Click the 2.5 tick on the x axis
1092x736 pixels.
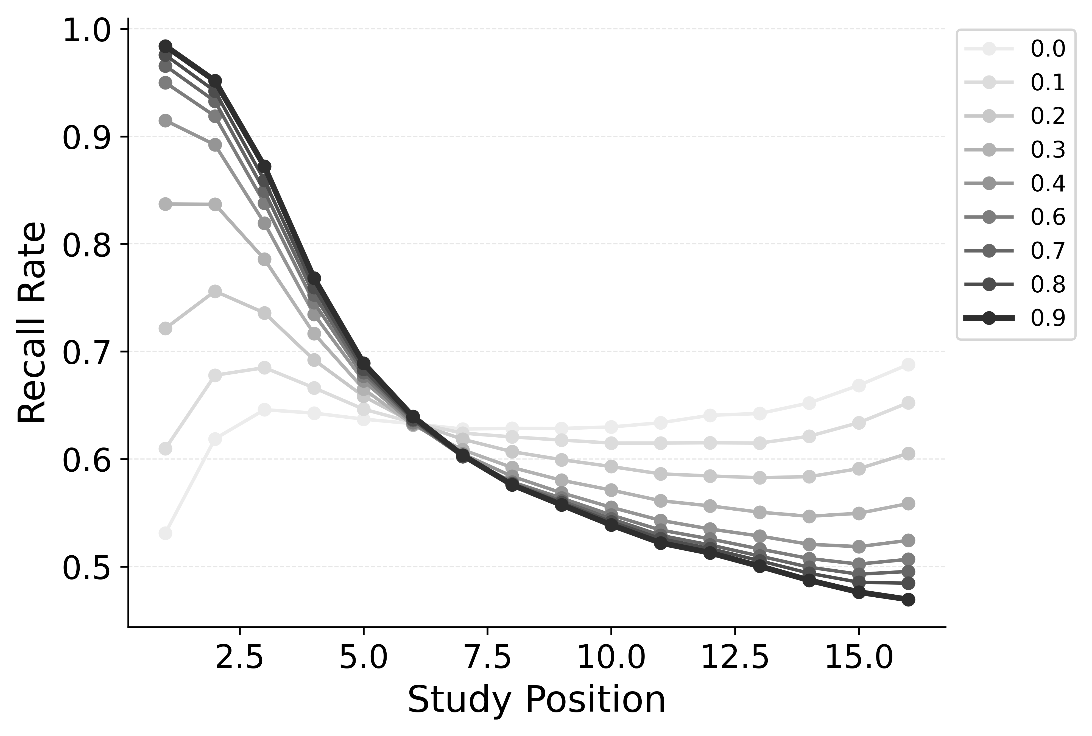point(239,659)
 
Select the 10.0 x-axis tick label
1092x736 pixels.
point(610,659)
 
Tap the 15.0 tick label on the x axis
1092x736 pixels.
point(858,659)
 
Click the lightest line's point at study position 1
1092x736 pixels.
point(165,533)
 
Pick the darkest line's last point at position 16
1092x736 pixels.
point(908,599)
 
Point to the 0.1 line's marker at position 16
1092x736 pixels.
point(908,403)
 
